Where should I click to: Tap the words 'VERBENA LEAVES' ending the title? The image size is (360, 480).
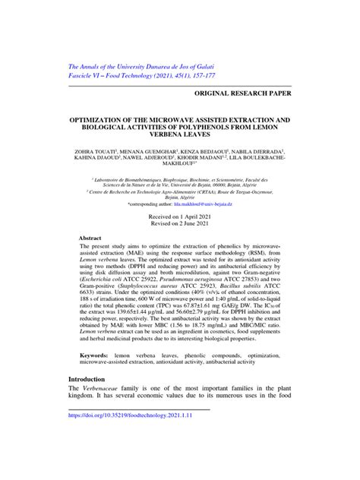[180, 137]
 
